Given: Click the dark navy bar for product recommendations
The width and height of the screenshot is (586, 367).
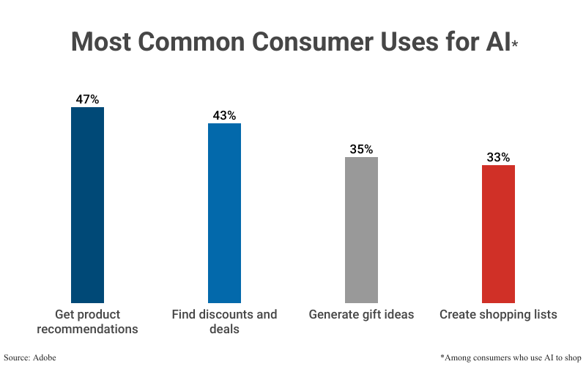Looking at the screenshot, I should pos(87,205).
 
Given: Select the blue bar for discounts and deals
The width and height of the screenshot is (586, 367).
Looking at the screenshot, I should pos(224,213).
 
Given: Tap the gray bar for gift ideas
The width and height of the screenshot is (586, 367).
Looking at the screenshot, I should pos(361,229).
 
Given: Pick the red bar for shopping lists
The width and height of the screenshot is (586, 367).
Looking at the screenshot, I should pos(498,233).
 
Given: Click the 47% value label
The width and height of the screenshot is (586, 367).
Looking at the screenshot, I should pos(87,99).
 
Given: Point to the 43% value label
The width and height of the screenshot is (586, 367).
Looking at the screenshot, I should pos(224,115).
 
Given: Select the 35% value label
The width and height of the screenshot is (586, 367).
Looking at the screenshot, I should pos(361,149).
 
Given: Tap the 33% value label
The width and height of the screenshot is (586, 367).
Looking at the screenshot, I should pos(498,157).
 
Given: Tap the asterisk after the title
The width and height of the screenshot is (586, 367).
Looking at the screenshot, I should pos(515,45).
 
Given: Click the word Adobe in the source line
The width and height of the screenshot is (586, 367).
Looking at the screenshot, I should pos(45,357).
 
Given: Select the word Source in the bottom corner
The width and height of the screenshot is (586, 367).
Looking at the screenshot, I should pos(16,357).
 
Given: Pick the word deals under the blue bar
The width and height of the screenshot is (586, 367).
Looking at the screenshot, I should pos(224,330).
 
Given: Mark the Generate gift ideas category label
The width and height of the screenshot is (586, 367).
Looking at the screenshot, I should pos(361,315).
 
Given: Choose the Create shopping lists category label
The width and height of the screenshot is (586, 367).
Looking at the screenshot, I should pos(498,315).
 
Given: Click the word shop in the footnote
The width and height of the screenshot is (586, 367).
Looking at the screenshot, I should pos(571,357).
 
